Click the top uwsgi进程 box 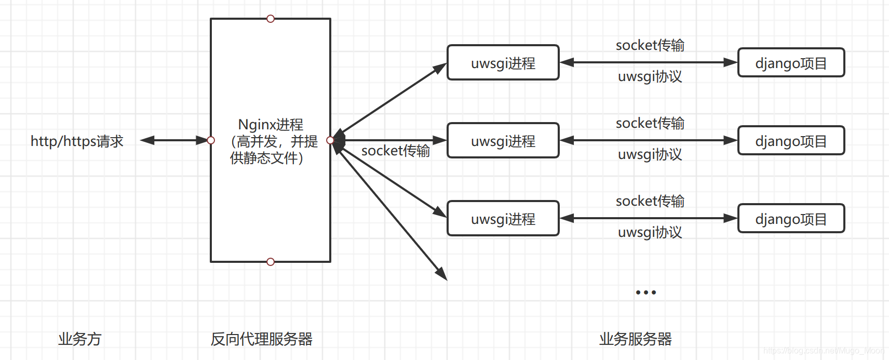click(x=503, y=63)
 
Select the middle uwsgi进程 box click(x=503, y=141)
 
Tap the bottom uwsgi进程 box click(x=503, y=219)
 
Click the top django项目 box click(x=791, y=63)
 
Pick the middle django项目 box click(x=791, y=141)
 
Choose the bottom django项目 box click(x=791, y=219)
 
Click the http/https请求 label click(x=77, y=141)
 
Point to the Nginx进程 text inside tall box click(x=271, y=125)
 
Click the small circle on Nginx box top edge click(x=271, y=19)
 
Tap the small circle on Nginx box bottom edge click(x=271, y=262)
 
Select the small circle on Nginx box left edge click(x=211, y=140)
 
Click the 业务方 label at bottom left click(x=79, y=339)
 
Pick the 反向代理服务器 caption click(x=261, y=339)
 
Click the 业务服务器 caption click(x=635, y=339)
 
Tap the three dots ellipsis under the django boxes click(x=645, y=292)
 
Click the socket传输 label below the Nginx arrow click(x=396, y=151)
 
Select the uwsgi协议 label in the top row click(x=650, y=77)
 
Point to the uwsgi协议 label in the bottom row click(x=650, y=233)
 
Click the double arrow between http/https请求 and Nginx click(x=174, y=140)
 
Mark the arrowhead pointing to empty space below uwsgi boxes click(x=442, y=274)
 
